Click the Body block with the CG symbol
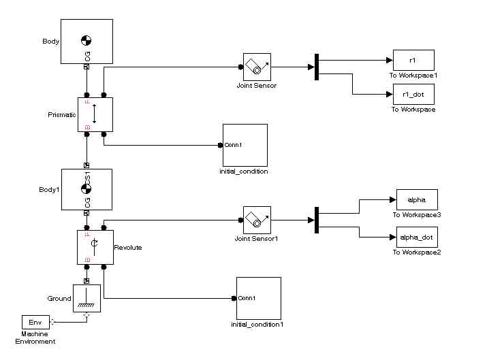[x=87, y=42]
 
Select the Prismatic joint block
[x=95, y=114]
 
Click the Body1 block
[x=87, y=189]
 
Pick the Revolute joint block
[x=95, y=247]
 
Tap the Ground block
[x=87, y=298]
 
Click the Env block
[x=35, y=322]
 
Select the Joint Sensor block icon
[x=257, y=67]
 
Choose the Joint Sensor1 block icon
[x=257, y=220]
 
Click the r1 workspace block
[x=413, y=60]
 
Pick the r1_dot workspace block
[x=413, y=94]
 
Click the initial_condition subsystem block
[x=245, y=145]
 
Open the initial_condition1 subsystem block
[x=258, y=297]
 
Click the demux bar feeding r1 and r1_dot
[x=317, y=67]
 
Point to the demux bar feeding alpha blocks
[x=317, y=220]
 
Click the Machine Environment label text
[x=38, y=338]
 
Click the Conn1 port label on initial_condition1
[x=246, y=298]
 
